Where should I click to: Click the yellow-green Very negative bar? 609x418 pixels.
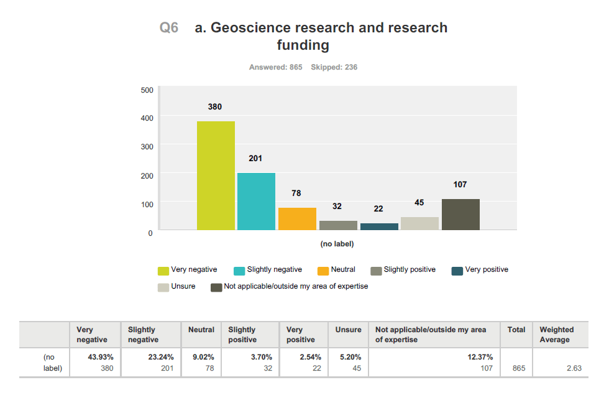(x=216, y=175)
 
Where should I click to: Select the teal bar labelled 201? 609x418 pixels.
(x=256, y=202)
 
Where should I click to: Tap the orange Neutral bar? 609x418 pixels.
(x=297, y=219)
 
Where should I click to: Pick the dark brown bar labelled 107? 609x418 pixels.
(x=460, y=215)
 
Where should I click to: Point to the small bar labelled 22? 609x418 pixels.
(x=379, y=226)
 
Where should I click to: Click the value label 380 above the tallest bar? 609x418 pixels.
(x=215, y=107)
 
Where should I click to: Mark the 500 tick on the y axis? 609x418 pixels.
(x=147, y=90)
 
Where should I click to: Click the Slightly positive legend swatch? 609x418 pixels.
(x=376, y=271)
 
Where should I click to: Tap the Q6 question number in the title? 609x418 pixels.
(x=169, y=28)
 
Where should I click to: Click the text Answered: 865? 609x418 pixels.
(x=275, y=67)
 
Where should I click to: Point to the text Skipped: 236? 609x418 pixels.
(x=334, y=67)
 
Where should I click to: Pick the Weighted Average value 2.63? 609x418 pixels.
(x=574, y=368)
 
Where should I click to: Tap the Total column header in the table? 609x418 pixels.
(x=516, y=330)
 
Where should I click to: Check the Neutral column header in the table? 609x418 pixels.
(x=201, y=330)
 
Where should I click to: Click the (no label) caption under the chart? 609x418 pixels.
(x=337, y=244)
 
